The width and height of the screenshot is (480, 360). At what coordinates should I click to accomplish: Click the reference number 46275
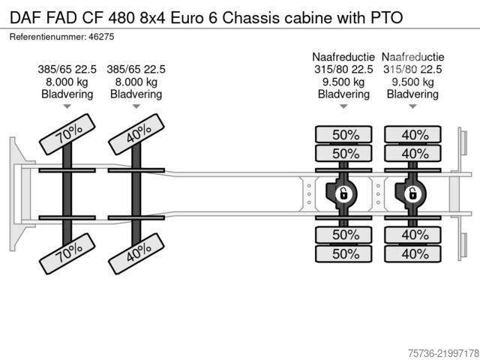pos(101,37)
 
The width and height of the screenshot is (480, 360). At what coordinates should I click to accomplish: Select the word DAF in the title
pos(25,18)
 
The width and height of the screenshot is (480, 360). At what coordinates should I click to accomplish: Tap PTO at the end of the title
pos(387,18)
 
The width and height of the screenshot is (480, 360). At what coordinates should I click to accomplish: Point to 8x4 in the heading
pos(152,18)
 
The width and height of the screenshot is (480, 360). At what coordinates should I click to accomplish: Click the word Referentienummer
pos(48,37)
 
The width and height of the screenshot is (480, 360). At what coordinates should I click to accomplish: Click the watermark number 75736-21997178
pos(443,353)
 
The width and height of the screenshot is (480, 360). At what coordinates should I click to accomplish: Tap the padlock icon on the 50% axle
pos(343,194)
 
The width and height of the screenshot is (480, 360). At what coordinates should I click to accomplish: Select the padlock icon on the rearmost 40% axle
pos(412,194)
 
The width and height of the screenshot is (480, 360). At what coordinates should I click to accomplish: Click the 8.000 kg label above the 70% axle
pos(67,82)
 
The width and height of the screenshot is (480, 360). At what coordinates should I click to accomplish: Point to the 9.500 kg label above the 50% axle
pos(343,82)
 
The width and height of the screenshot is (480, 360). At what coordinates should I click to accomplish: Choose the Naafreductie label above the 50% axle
pos(343,57)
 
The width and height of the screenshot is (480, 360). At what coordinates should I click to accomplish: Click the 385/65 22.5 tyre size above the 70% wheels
pos(67,69)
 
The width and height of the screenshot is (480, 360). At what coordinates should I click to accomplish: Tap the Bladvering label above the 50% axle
pos(343,94)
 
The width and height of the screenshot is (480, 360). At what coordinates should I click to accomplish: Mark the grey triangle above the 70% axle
pos(67,106)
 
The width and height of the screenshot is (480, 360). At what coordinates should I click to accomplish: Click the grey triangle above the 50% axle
pos(343,106)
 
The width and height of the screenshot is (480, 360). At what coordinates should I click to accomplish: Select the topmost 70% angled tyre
pos(67,134)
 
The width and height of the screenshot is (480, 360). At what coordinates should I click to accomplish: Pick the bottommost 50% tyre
pos(343,253)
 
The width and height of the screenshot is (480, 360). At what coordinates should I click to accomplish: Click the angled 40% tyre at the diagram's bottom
pos(136,253)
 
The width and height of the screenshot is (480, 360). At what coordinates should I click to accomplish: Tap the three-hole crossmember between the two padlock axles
pos(378,194)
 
